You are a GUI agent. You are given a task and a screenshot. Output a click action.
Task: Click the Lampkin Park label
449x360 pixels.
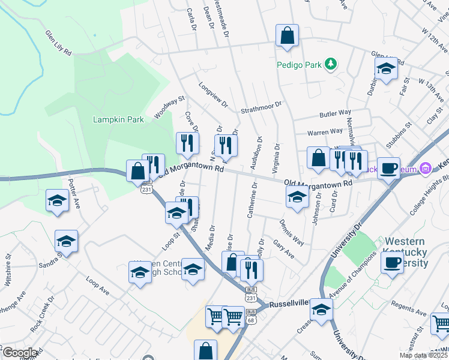118,119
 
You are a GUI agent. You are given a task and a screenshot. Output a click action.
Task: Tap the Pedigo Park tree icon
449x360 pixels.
330,64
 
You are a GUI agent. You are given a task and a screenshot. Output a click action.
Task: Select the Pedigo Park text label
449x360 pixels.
299,64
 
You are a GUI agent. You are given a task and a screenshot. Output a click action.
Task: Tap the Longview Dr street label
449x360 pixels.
214,95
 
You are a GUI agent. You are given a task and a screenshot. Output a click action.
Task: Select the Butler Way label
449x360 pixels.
335,113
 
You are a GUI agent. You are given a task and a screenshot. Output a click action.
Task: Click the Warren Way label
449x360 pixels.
325,131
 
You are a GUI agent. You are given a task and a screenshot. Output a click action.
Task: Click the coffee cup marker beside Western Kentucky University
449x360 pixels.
392,262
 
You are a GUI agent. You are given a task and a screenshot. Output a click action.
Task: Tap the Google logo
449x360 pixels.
19,353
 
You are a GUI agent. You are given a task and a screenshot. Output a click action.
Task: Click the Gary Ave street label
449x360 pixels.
283,247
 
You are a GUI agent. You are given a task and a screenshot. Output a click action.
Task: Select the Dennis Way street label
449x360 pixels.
291,232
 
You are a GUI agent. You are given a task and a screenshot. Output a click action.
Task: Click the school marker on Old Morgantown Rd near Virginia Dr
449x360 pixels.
297,197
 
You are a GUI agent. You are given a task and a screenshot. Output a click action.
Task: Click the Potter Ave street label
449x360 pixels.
74,192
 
